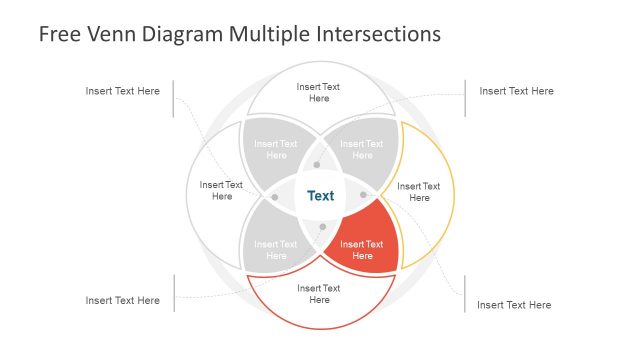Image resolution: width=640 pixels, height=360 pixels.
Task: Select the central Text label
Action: point(320,196)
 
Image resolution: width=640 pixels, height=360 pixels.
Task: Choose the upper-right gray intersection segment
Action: point(362,149)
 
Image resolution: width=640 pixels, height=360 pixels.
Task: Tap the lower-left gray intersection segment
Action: point(275,250)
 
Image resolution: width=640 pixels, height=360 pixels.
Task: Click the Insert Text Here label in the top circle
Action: point(319,92)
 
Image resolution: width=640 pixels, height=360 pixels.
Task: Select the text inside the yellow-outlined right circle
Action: point(418,191)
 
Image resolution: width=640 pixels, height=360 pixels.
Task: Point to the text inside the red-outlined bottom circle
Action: point(319,294)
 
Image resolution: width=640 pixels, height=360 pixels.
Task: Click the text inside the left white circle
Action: point(221,190)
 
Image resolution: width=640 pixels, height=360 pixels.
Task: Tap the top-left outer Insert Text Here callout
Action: point(122,91)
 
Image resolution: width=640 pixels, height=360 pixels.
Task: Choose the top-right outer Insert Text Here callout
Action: point(516,91)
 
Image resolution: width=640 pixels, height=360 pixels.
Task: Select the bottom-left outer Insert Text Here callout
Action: point(122,300)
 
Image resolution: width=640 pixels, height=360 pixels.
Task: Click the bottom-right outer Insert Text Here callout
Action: point(514,305)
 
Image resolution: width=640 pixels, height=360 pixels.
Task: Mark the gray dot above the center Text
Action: point(317,164)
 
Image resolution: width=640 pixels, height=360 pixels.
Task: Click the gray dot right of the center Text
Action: point(363,195)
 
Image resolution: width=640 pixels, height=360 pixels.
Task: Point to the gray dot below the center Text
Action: point(322,227)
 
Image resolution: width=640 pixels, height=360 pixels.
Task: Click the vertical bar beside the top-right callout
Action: point(465,98)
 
